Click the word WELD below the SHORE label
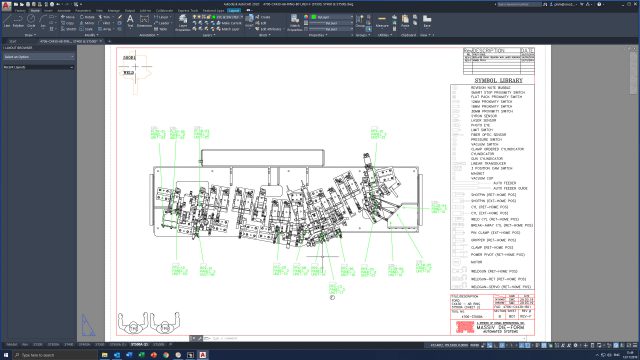click(x=129, y=72)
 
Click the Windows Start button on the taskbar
click(x=5, y=354)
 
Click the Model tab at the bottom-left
click(x=12, y=343)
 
